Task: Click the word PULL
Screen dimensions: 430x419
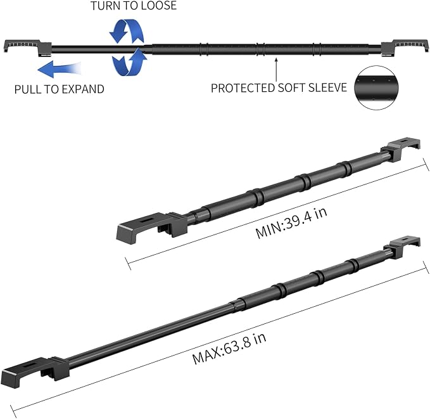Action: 27,89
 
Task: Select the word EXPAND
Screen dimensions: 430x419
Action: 82,89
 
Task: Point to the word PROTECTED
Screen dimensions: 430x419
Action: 243,88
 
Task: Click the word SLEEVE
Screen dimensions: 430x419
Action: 327,87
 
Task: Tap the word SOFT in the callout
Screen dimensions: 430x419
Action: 292,88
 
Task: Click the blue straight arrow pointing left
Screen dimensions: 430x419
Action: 60,69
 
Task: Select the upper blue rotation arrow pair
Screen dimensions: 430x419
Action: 127,31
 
